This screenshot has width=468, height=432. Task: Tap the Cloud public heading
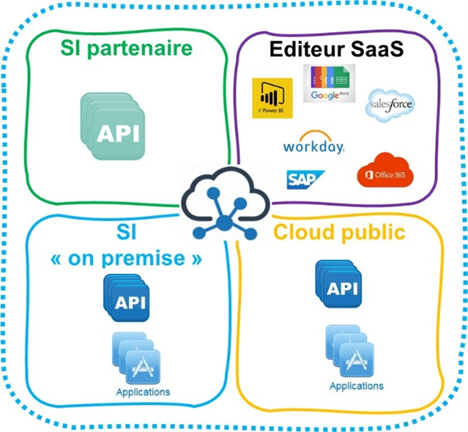click(339, 232)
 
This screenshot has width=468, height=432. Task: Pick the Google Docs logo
click(329, 83)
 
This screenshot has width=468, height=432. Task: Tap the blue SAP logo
click(306, 179)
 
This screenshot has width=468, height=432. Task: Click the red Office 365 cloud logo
click(384, 171)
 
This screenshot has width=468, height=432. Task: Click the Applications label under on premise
click(143, 392)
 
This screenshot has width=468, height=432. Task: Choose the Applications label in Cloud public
click(357, 386)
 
